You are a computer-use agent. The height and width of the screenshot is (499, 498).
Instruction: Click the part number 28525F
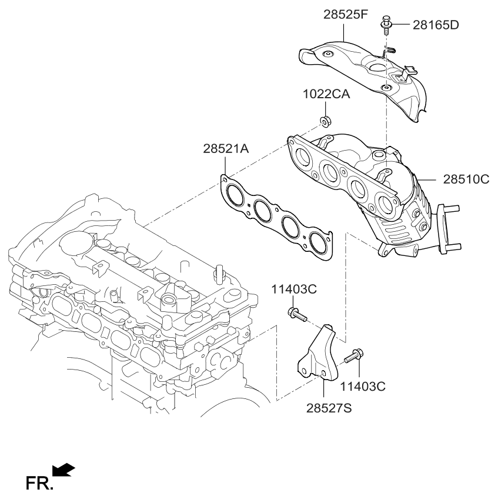(x=346, y=15)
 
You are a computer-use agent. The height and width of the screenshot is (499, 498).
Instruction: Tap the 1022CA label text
(x=326, y=94)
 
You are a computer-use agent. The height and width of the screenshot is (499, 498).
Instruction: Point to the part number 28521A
(x=226, y=150)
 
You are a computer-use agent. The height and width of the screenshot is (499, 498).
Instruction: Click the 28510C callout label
(x=462, y=178)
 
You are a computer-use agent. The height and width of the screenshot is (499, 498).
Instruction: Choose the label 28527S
(x=328, y=408)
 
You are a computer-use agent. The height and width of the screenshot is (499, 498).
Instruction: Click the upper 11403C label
(x=294, y=289)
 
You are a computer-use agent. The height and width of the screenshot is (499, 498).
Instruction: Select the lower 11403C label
(x=363, y=386)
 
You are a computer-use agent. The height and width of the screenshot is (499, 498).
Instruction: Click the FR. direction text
(x=39, y=484)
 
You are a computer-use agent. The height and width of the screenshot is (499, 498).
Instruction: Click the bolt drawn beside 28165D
(x=386, y=26)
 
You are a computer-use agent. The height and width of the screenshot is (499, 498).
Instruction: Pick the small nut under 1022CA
(x=324, y=122)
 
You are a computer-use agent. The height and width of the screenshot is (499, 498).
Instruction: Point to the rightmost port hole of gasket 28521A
(x=318, y=241)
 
